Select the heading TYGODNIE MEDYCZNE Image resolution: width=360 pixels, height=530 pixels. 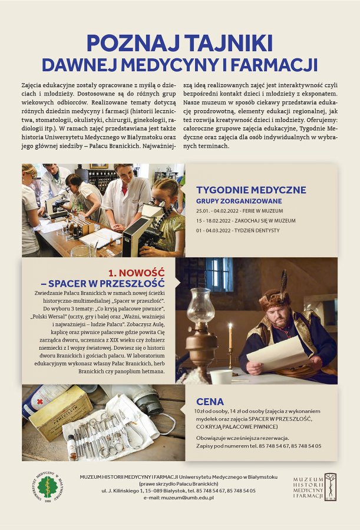(251, 190)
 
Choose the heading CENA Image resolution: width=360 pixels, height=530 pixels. (210, 402)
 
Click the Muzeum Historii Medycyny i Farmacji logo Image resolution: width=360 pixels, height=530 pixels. (315, 486)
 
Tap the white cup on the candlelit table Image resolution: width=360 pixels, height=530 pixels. (221, 376)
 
